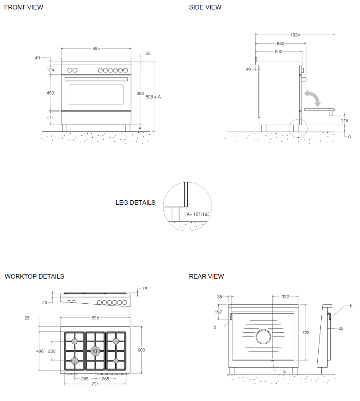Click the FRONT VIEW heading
point(24,7)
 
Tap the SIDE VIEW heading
point(205,7)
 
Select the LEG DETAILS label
point(135,203)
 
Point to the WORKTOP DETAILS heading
point(35,276)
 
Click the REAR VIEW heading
point(207,276)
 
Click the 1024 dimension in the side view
point(295,35)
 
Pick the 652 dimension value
point(280,44)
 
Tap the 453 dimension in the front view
point(50,93)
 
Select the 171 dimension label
point(50,118)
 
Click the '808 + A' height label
point(153,97)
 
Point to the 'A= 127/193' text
point(198,214)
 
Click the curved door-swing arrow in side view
point(313,97)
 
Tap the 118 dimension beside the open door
point(345,121)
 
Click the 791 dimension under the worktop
point(95,384)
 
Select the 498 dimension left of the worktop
point(40,351)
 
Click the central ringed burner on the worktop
point(95,351)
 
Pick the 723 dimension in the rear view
point(306,333)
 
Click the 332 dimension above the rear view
point(285,297)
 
